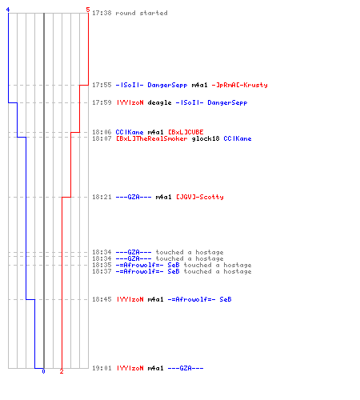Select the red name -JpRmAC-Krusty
click(239, 85)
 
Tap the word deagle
click(159, 103)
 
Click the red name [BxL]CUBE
click(186, 132)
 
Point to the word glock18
click(206, 138)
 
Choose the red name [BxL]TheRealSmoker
click(152, 138)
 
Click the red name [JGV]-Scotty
click(200, 197)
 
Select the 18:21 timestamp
click(102, 197)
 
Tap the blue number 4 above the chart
click(8, 10)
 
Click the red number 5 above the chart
click(88, 10)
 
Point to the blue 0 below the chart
click(43, 371)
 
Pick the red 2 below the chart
click(62, 371)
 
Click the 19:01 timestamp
click(102, 368)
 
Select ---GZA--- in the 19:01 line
click(186, 368)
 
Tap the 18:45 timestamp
click(102, 299)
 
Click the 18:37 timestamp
click(102, 271)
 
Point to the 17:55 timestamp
click(102, 85)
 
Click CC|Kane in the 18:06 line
click(130, 132)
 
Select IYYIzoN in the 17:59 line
click(130, 102)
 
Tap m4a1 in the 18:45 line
click(155, 299)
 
